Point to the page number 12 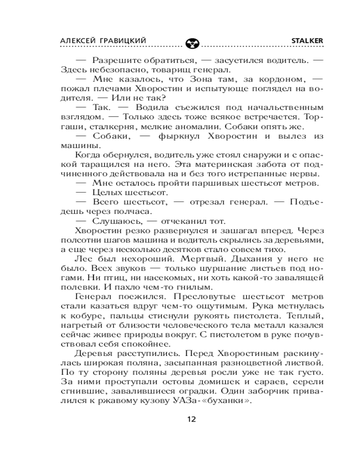tap(191, 419)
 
